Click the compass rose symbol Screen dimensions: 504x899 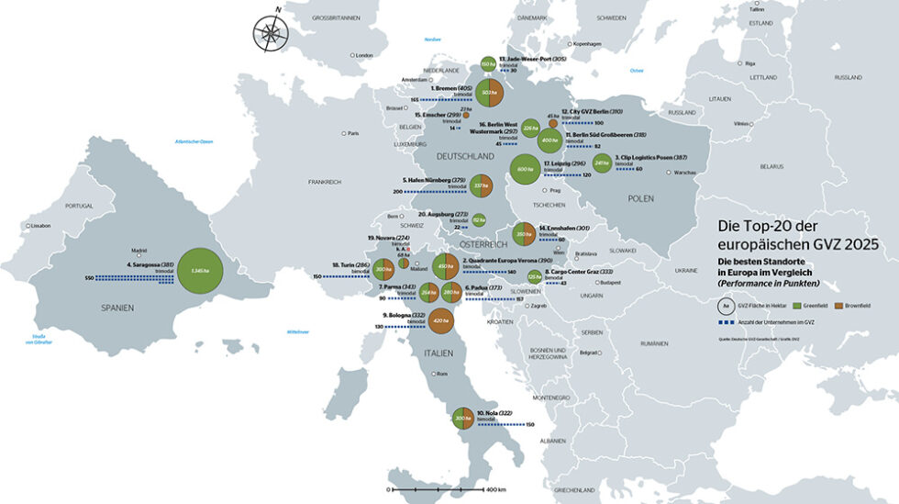coord(271,32)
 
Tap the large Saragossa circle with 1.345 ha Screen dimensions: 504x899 coord(201,271)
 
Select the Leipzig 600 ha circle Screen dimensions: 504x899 coord(525,169)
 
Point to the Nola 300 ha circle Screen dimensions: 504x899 coord(462,418)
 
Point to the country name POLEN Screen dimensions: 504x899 coord(641,198)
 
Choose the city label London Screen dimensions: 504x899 coord(363,55)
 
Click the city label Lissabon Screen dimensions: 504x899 coord(40,225)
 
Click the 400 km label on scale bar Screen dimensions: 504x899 coord(496,489)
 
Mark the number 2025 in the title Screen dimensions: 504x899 coord(862,245)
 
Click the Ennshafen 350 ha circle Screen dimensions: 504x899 coord(524,234)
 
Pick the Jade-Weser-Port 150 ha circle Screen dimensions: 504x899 coord(487,63)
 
